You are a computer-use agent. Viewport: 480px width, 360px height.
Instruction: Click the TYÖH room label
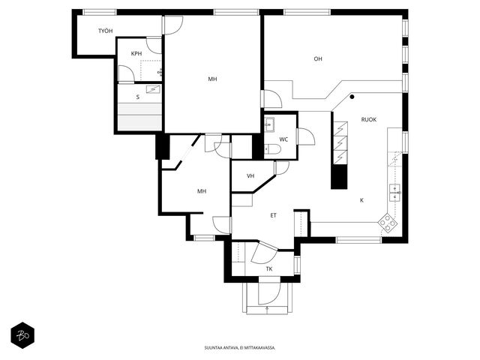(105, 31)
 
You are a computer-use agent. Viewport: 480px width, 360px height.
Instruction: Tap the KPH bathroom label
(136, 53)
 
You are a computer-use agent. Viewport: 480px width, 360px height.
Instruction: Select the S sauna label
(138, 97)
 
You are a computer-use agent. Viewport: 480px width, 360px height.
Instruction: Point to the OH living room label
(318, 58)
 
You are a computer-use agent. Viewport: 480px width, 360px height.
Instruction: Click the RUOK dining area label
(369, 120)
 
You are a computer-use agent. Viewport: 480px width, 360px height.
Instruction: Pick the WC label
(283, 139)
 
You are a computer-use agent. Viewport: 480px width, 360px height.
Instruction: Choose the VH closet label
(250, 176)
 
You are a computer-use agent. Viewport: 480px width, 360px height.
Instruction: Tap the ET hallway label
(273, 215)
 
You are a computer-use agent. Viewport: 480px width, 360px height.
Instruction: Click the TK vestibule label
(269, 269)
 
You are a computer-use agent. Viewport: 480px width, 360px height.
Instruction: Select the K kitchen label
(361, 200)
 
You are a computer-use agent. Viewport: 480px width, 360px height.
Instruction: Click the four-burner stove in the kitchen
(388, 223)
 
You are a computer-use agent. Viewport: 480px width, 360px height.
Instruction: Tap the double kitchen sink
(394, 193)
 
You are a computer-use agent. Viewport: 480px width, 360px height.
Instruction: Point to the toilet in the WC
(272, 149)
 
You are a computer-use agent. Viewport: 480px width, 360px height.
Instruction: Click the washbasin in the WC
(270, 124)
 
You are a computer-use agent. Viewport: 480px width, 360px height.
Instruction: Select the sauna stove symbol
(153, 89)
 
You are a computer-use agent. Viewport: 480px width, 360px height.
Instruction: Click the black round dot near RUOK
(352, 97)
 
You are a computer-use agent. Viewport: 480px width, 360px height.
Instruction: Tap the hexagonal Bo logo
(22, 335)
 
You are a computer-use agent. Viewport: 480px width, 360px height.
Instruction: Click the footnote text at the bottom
(240, 348)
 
